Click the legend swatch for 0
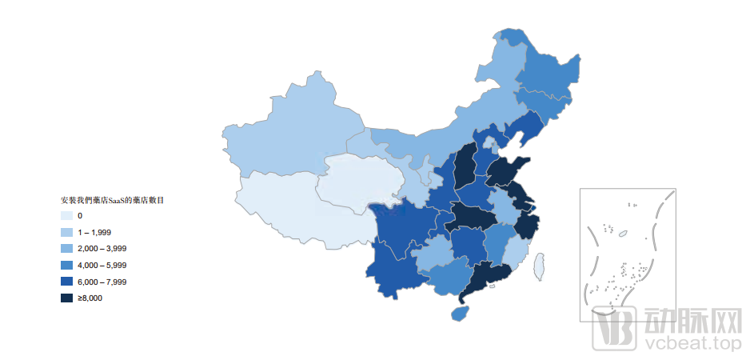(x=66, y=216)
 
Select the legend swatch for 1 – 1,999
(x=66, y=232)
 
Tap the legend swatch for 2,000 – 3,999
(x=66, y=249)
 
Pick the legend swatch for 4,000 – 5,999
(x=66, y=265)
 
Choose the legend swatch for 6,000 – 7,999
(x=66, y=282)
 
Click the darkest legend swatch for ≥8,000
(x=66, y=298)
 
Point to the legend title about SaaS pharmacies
(x=113, y=200)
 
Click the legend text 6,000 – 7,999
(x=102, y=282)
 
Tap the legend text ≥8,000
(x=90, y=298)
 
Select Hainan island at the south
(x=460, y=313)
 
